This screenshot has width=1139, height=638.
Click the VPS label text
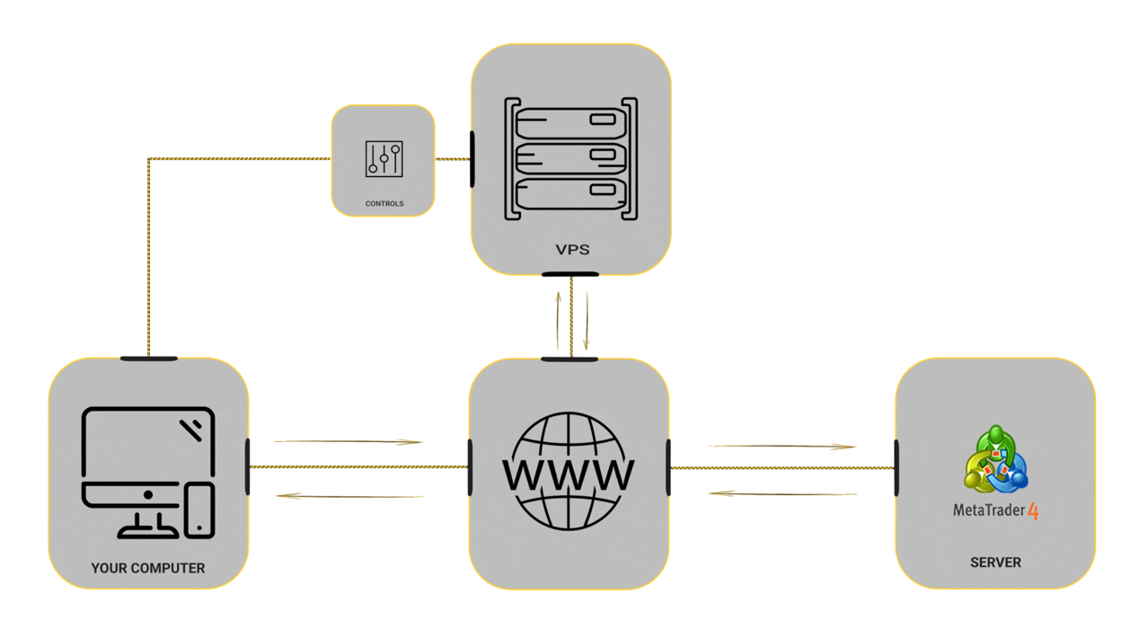point(572,250)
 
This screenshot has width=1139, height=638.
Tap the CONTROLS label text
point(384,203)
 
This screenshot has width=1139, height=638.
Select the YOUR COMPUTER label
point(148,568)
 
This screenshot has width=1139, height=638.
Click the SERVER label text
point(995,563)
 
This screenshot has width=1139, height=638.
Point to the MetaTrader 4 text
point(995,510)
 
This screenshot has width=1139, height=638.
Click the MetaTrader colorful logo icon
point(995,459)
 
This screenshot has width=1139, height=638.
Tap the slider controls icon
point(384,159)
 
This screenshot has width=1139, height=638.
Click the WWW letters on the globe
point(568,474)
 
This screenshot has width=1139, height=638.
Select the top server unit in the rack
point(570,123)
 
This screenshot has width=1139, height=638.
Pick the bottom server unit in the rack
point(570,194)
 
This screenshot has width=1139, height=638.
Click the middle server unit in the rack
point(570,159)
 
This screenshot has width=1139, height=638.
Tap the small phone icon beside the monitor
point(199,510)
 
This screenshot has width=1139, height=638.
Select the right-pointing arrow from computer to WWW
point(349,441)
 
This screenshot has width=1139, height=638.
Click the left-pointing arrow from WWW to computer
point(349,495)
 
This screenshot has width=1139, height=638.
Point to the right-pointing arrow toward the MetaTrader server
point(782,447)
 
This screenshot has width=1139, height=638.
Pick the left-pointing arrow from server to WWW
point(782,493)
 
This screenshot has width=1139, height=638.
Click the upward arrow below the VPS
point(559,321)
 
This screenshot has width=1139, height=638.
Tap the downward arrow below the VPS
point(587,321)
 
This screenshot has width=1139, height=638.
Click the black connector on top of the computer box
point(148,359)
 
